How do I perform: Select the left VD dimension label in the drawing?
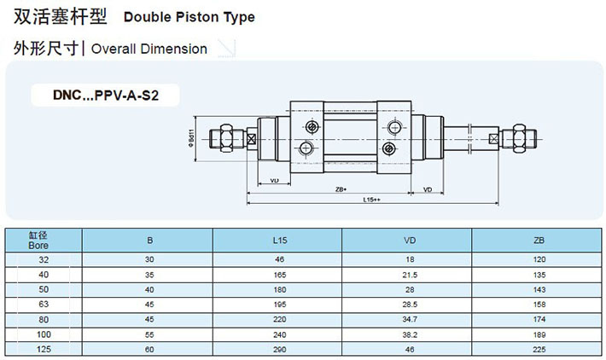[x=274, y=181]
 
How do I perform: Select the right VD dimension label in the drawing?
[x=427, y=189]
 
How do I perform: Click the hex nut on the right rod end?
[x=518, y=137]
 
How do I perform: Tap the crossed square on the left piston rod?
[x=252, y=138]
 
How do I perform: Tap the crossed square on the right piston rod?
[x=493, y=137]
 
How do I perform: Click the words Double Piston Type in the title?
[x=189, y=16]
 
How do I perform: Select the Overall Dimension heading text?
[x=149, y=49]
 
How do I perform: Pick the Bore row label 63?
[x=43, y=304]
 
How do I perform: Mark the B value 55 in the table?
[x=149, y=334]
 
